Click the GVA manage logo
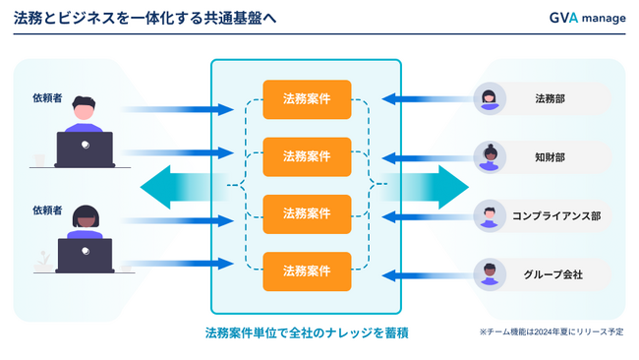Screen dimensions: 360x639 pos(587,18)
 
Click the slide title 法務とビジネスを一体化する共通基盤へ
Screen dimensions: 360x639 pos(145,18)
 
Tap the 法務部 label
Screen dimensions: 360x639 pos(550,98)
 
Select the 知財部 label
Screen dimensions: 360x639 pos(550,156)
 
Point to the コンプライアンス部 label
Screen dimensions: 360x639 pos(555,215)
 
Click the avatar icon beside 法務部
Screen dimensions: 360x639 pos(489,98)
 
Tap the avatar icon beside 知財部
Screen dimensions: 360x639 pos(489,156)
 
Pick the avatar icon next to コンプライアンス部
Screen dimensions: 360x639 pos(489,215)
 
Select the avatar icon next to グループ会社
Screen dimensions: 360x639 pos(489,273)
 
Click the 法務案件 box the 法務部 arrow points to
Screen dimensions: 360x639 pos(307,98)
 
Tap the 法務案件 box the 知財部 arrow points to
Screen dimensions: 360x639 pos(307,156)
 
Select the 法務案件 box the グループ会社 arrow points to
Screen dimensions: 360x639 pos(307,271)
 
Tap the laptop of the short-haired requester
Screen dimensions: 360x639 pos(85,150)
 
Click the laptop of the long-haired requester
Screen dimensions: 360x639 pos(85,255)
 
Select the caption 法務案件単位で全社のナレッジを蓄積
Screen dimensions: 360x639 pos(307,332)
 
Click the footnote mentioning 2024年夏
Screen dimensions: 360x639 pos(551,332)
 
